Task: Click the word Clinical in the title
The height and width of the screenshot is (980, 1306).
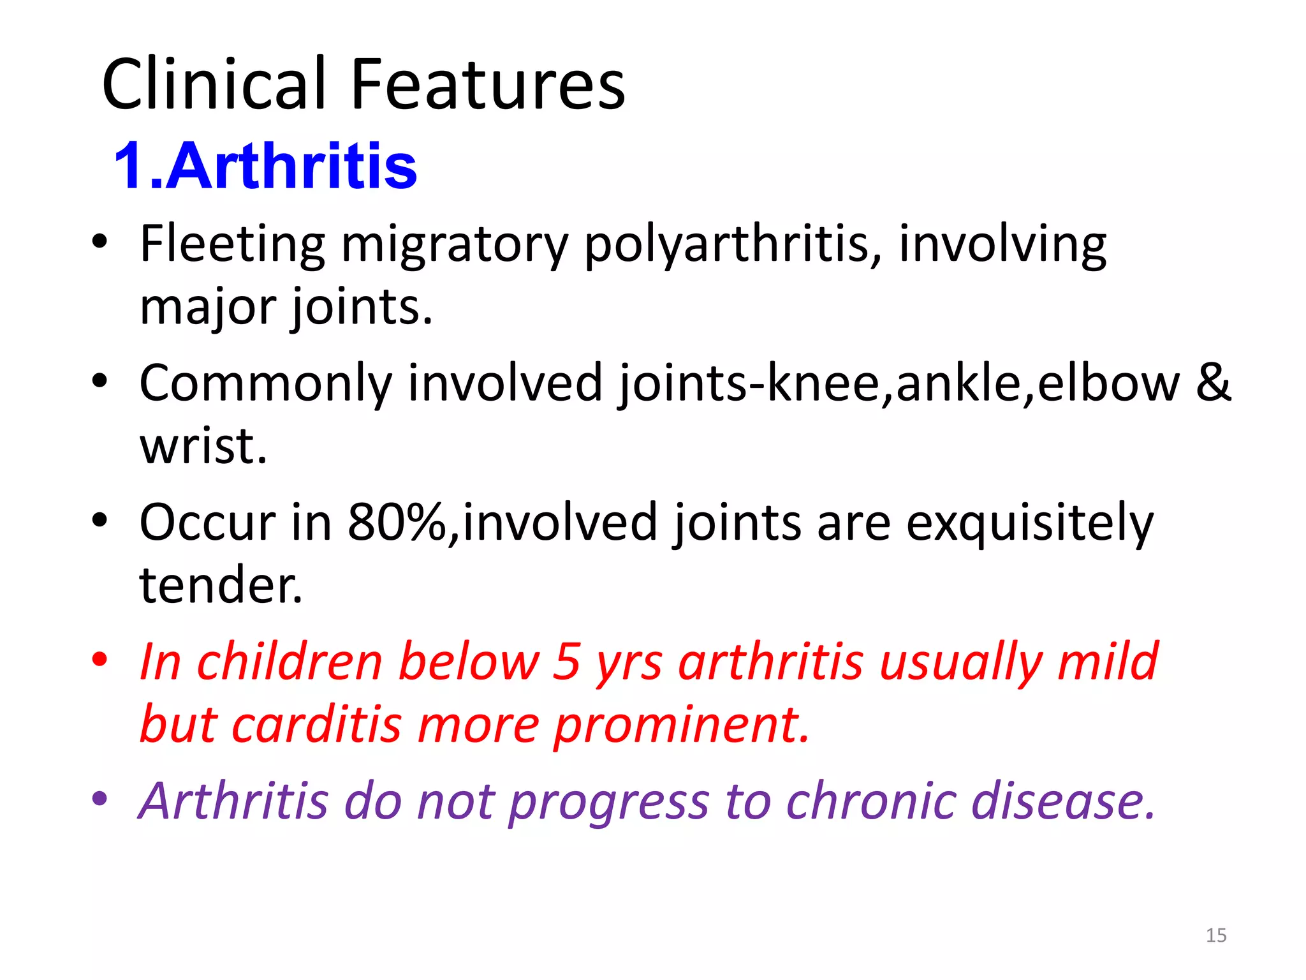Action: pos(214,84)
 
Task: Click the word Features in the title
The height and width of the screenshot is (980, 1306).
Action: pos(488,84)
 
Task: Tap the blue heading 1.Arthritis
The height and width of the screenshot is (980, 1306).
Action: pos(265,166)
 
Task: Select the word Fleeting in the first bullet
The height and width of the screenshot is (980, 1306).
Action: pos(232,244)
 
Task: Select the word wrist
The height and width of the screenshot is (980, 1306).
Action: pos(203,446)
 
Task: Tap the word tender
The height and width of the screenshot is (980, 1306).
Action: pos(221,585)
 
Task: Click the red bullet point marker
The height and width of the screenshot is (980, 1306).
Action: pos(99,660)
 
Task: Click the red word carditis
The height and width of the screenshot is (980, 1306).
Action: pos(316,725)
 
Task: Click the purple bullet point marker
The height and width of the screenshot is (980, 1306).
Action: pos(99,799)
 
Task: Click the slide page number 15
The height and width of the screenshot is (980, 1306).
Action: pos(1215,935)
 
